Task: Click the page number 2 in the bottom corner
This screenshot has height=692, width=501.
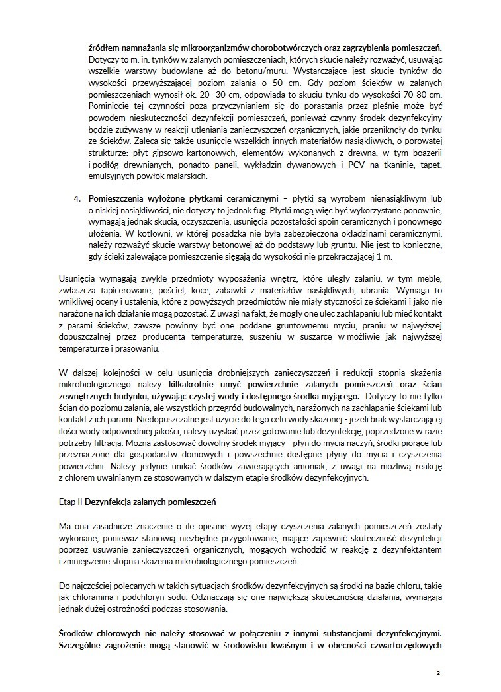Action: point(437,672)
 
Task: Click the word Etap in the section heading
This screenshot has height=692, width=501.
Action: point(69,502)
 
